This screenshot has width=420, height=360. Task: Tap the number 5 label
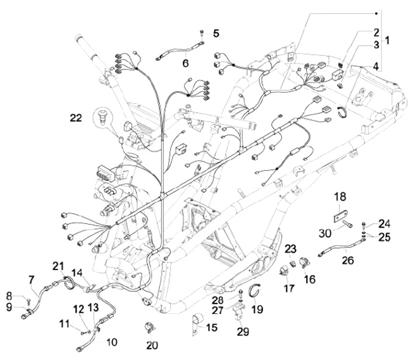tap(216, 34)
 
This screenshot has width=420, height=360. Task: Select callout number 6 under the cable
tap(185, 62)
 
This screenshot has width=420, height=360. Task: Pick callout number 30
tap(323, 232)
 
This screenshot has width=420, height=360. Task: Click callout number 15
tap(211, 328)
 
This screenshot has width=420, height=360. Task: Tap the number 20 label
tap(152, 345)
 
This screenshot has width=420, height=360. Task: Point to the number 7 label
tap(31, 279)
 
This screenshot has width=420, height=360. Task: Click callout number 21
tap(57, 266)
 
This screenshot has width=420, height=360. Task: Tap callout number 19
tap(257, 309)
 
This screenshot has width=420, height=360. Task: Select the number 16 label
tap(309, 279)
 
